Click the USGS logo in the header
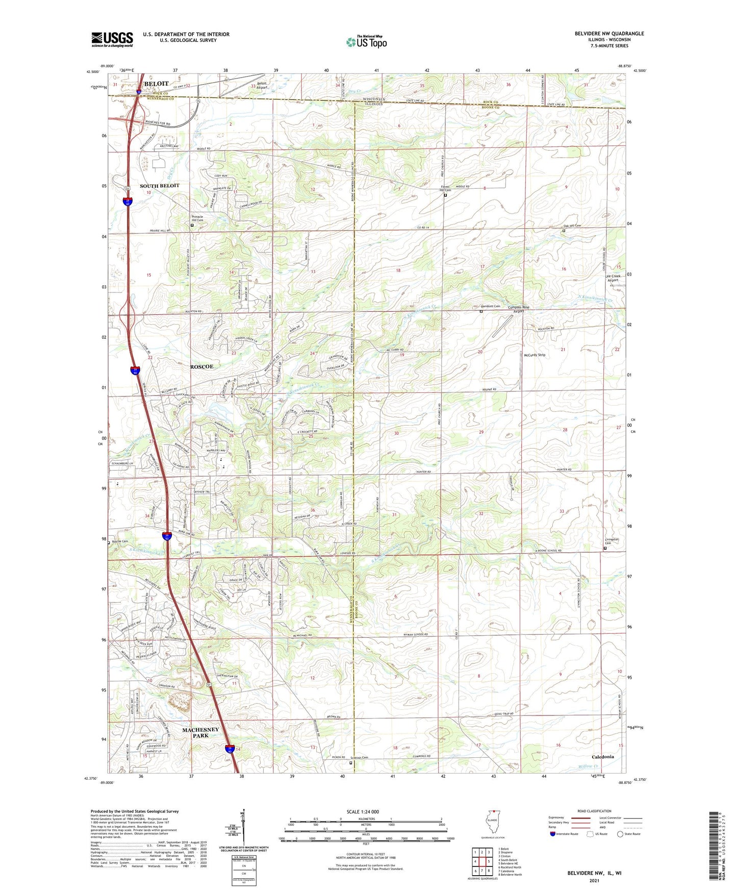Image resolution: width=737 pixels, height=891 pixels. [x=112, y=39]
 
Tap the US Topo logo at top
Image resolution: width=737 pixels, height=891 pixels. [x=366, y=41]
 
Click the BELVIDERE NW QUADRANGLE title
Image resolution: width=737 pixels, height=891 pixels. [x=609, y=34]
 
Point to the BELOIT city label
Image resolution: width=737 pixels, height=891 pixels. [x=156, y=83]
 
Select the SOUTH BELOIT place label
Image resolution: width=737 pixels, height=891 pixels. [x=160, y=186]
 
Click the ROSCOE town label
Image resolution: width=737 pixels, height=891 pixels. [x=201, y=366]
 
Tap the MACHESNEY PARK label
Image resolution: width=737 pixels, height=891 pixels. [x=200, y=732]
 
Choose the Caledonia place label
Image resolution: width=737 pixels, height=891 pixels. [x=602, y=757]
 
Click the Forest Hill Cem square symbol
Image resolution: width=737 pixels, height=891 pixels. [x=445, y=195]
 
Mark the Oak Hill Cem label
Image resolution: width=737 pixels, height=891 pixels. [x=572, y=226]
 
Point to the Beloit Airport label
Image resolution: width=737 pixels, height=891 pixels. [x=262, y=85]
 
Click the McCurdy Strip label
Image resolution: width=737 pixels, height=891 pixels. [x=535, y=355]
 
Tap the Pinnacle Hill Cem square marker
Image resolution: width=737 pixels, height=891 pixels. [x=192, y=225]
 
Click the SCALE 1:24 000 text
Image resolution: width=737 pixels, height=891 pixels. [x=363, y=811]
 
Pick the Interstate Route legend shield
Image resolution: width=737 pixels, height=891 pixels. [x=552, y=834]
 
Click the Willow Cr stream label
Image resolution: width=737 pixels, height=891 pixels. [x=589, y=766]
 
